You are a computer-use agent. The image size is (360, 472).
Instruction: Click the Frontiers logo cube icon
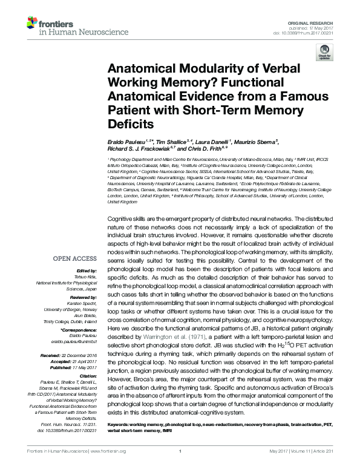point(31,23)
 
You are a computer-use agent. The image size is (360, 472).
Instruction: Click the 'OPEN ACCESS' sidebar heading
point(75,258)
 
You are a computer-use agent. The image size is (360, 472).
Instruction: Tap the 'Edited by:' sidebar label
point(88,270)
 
